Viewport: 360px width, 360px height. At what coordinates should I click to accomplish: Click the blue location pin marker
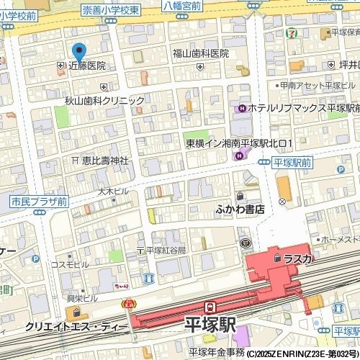coord(79,52)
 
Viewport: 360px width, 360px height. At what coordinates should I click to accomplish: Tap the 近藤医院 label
coord(86,66)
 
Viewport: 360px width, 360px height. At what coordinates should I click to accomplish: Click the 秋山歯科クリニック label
coord(104,102)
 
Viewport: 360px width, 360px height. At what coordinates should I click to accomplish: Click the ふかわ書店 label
coord(240,209)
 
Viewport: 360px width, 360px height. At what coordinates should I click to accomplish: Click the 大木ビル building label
coord(113,192)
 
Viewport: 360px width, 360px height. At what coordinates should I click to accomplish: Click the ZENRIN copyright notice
coord(302,354)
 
